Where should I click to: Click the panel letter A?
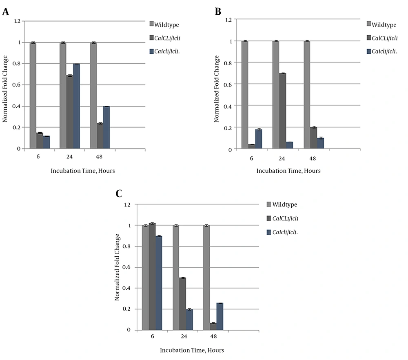click(6, 12)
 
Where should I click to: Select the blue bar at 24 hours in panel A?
click(76, 106)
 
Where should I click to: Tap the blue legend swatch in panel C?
click(268, 232)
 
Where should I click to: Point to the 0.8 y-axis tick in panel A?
click(18, 64)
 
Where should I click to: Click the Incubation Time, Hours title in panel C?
click(192, 350)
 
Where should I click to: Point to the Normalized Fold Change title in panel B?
click(217, 84)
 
